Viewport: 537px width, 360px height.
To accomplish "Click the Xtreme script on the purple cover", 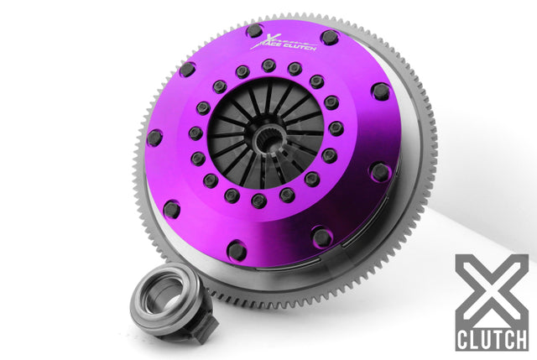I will [x=277, y=39].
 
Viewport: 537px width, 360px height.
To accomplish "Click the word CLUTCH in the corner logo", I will [x=492, y=339].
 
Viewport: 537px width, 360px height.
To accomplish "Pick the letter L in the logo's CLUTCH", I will [x=476, y=339].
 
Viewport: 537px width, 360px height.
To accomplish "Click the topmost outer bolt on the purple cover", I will [x=254, y=31].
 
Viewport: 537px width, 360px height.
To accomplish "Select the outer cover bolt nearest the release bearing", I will [x=172, y=208].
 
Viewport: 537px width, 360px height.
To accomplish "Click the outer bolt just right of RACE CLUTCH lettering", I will [x=329, y=38].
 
